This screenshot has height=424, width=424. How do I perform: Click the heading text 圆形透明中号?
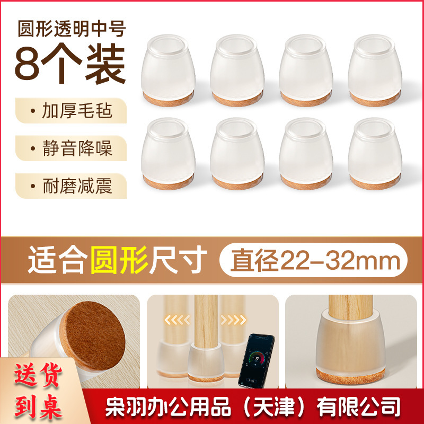click(x=72, y=29)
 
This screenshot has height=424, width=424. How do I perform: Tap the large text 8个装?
click(x=70, y=65)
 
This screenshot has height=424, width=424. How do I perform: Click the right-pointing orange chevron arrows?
click(x=233, y=320)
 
